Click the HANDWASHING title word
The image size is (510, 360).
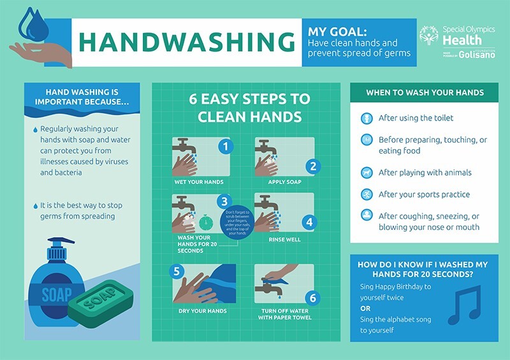click(x=186, y=41)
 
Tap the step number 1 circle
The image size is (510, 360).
click(x=224, y=147)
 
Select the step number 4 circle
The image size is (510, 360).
click(x=309, y=222)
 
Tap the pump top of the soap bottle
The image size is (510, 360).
click(x=61, y=248)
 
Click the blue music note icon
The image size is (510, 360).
click(x=463, y=305)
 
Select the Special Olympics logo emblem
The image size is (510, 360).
click(x=428, y=36)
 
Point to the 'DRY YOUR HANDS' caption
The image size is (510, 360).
click(x=198, y=310)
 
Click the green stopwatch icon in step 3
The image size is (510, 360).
click(x=203, y=224)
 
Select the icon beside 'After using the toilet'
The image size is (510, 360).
click(x=366, y=119)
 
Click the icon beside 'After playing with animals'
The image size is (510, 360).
click(x=366, y=172)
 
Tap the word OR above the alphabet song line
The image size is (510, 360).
click(x=366, y=309)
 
